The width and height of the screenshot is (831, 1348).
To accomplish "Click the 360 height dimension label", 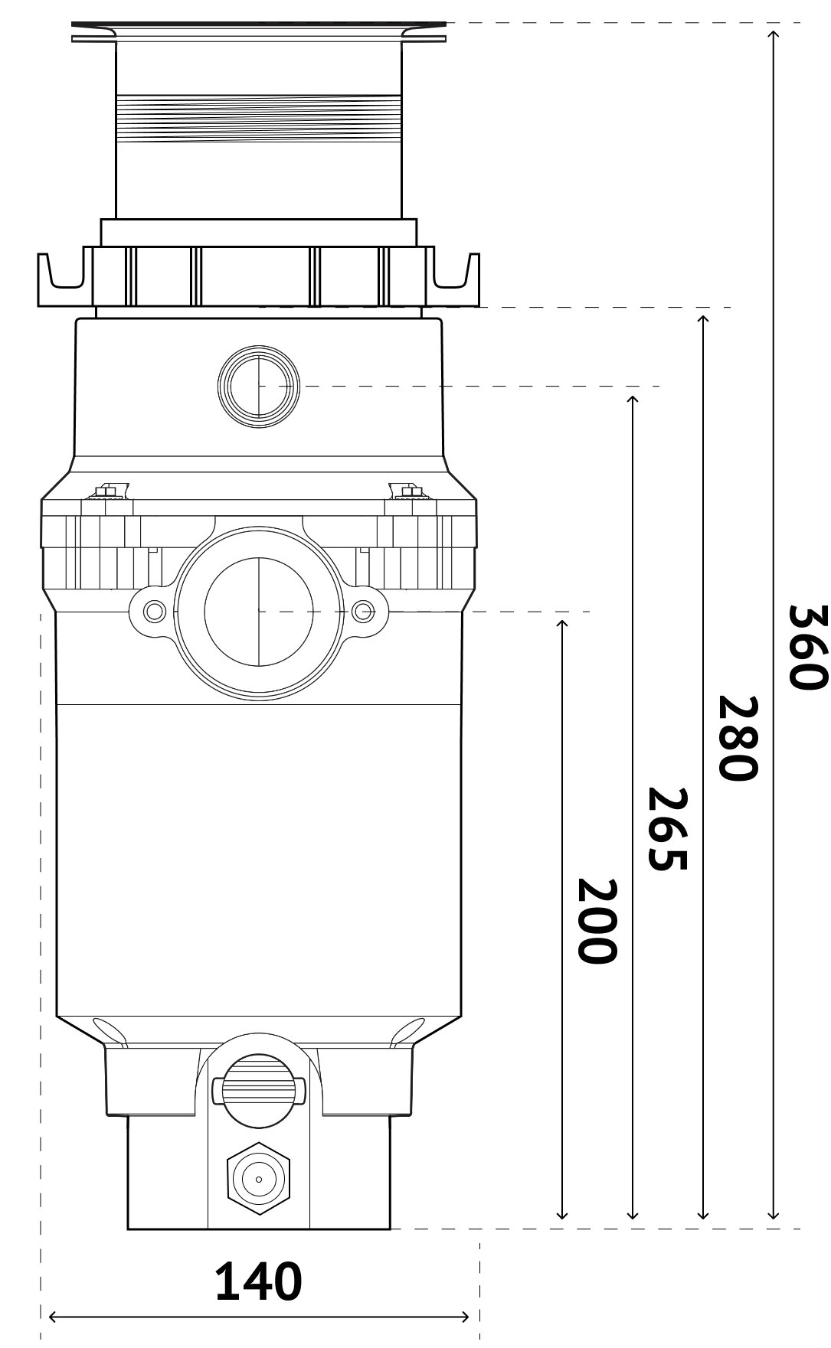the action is [807, 647].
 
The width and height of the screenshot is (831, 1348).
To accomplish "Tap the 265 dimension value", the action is [666, 828].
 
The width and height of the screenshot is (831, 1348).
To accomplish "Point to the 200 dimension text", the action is [596, 921].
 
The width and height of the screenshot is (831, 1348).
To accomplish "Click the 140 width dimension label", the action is [258, 1282].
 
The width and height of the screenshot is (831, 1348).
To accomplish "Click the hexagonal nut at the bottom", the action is [259, 1179].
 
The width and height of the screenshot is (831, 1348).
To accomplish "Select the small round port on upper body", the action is [259, 387].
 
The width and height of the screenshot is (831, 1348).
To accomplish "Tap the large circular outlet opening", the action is [259, 611].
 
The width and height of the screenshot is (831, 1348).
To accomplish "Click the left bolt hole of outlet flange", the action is [155, 611].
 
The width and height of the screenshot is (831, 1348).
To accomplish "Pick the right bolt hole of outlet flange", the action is [363, 611].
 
